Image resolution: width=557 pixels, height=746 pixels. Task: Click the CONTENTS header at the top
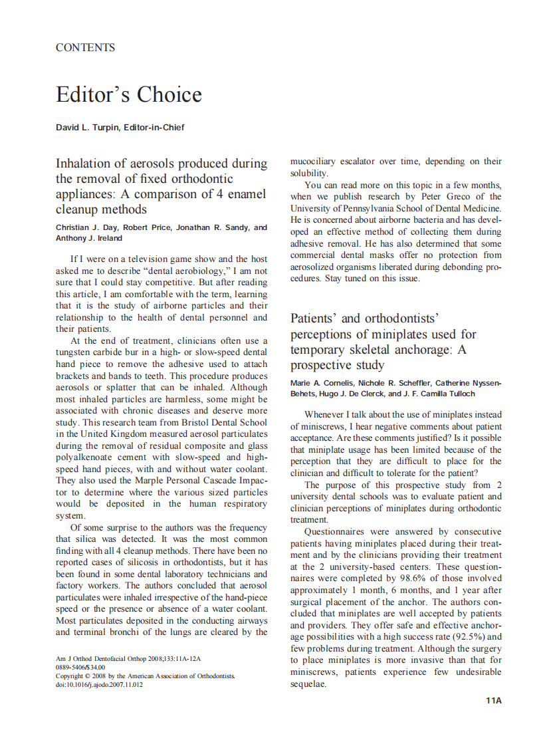pos(85,47)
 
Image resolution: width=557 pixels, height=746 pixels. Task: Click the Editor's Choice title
pos(128,94)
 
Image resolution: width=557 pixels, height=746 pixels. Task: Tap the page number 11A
pos(493,700)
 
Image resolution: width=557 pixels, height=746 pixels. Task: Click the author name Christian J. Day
pos(86,227)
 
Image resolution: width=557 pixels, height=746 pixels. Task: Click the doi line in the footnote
pos(99,684)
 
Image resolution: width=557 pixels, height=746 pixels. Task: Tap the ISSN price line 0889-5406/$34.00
pos(80,667)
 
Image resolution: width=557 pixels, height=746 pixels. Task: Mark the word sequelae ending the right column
pos(308,685)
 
